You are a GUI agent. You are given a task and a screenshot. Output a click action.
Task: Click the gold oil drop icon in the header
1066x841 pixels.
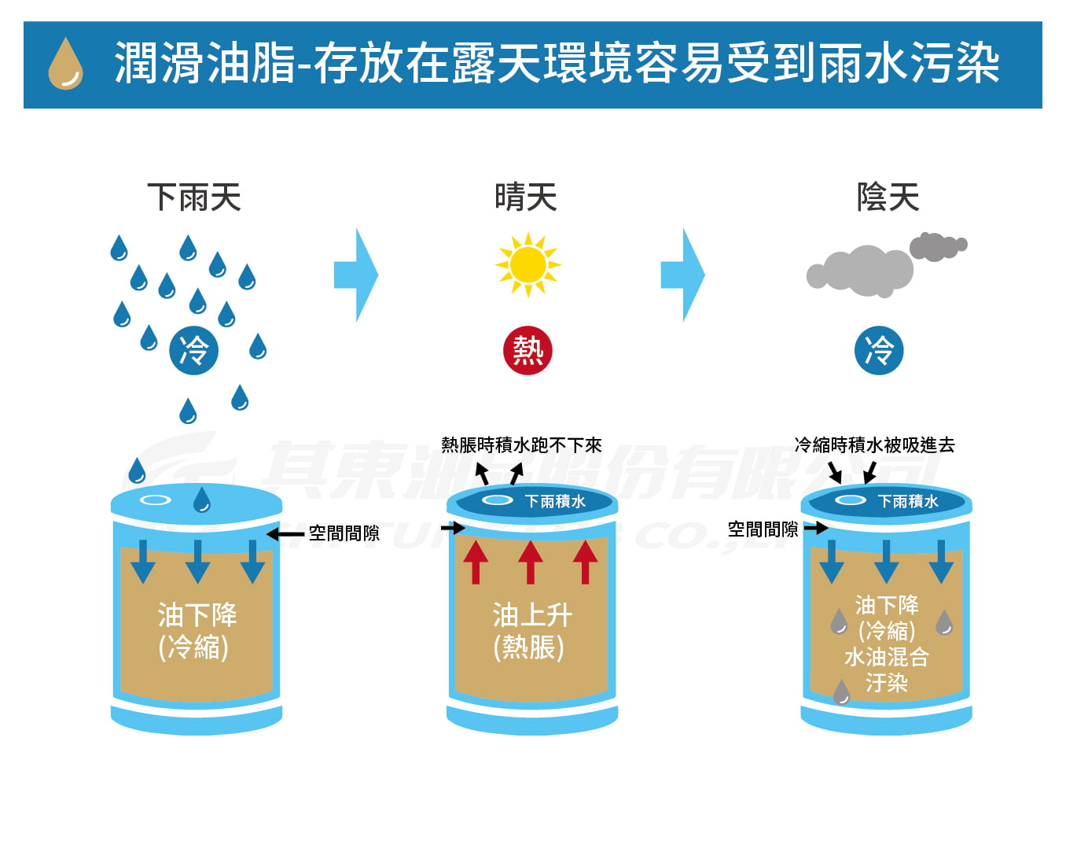65,64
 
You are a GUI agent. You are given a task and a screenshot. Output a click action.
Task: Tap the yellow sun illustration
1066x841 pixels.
527,264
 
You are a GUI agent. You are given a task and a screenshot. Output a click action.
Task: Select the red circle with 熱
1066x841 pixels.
527,350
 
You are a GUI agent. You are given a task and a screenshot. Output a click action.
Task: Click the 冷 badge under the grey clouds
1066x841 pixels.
879,350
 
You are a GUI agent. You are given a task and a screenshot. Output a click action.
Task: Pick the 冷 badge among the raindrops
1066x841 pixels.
193,350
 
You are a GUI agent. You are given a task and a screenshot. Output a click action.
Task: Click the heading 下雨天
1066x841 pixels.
194,197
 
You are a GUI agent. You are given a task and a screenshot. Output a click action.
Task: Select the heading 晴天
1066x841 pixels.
526,197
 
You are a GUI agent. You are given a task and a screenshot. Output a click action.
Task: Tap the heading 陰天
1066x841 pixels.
888,197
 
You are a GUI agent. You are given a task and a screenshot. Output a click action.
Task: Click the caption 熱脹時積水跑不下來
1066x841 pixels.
521,445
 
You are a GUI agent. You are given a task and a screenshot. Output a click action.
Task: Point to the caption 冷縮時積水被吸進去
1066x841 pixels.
874,445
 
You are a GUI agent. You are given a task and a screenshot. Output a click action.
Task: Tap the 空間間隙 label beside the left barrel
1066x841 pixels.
344,533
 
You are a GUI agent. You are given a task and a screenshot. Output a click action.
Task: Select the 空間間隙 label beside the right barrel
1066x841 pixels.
763,529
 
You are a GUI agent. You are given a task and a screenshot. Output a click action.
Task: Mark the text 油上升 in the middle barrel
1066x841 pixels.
532,614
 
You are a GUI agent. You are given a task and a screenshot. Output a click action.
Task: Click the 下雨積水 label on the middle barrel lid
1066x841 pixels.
555,501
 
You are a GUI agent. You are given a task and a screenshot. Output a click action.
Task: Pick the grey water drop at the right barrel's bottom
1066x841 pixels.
841,692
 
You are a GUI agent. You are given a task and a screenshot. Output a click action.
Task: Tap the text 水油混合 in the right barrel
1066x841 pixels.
887,657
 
